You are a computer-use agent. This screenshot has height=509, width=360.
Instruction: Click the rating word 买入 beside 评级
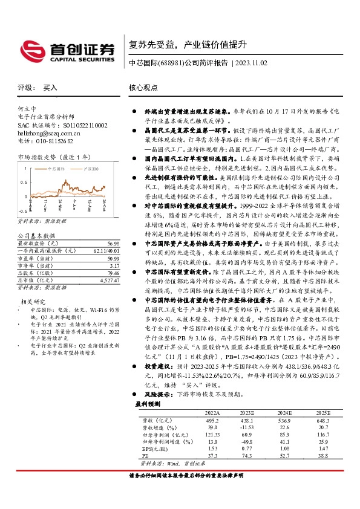[x=50, y=88]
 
